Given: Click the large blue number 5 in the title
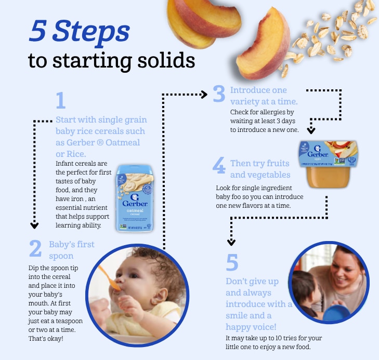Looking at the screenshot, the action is tap(37, 31).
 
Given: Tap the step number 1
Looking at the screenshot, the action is tap(61, 100).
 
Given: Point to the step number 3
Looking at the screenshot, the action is tap(219, 94).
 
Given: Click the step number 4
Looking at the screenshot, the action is tap(219, 165).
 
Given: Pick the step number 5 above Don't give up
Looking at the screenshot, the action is tap(232, 262).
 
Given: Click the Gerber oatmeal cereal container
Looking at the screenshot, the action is tap(135, 198).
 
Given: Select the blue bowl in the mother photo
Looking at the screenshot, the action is tap(336, 313).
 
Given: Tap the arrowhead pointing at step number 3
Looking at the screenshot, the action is tap(204, 95).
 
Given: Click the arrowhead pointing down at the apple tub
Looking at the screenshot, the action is tap(311, 130).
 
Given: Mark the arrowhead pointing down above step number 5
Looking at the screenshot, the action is tap(231, 242).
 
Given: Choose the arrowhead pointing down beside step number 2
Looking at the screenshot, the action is tap(34, 225).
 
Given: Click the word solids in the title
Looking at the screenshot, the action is tap(166, 60).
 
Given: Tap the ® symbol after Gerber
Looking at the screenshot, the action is tap(100, 142).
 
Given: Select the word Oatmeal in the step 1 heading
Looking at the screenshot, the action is tap(123, 142).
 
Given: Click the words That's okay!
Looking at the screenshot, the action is tap(46, 339).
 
